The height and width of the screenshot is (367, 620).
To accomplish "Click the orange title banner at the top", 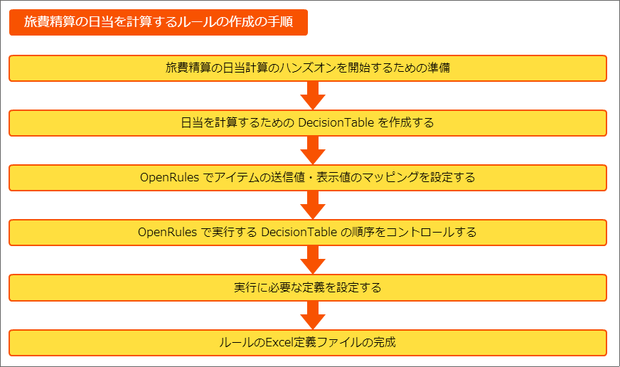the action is point(158,22).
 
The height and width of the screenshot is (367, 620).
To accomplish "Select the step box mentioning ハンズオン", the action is point(308,68).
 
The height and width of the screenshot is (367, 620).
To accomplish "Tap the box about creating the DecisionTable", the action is point(308,123).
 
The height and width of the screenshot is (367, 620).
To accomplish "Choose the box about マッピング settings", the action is point(308,178).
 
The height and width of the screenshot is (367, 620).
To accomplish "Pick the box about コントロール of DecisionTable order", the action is point(308,233).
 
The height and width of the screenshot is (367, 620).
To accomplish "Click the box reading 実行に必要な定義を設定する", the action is point(308,287).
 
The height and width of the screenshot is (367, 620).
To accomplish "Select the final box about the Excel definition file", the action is point(308,343).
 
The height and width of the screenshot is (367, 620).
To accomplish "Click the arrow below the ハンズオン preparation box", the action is point(313,96).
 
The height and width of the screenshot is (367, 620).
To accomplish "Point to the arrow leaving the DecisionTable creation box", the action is point(313,150).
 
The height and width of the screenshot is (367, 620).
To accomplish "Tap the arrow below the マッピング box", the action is point(313,206).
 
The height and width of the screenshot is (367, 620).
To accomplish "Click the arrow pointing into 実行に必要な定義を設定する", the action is point(313,260).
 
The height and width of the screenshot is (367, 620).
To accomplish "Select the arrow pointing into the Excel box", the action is point(313,315).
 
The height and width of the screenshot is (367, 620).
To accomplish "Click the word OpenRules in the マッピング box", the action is point(169,178).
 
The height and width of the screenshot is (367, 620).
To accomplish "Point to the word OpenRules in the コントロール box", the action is point(167,232).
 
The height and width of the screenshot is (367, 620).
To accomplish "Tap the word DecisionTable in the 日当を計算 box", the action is point(336,122).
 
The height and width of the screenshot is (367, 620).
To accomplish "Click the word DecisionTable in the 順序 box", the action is point(299,232).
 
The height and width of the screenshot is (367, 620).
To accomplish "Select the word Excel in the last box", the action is point(279,342).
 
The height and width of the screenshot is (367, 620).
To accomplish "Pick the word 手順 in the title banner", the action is point(280,22).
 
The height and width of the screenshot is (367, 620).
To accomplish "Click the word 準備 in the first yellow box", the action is point(439,68).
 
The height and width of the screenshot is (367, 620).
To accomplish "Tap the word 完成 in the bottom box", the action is point(385,342).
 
